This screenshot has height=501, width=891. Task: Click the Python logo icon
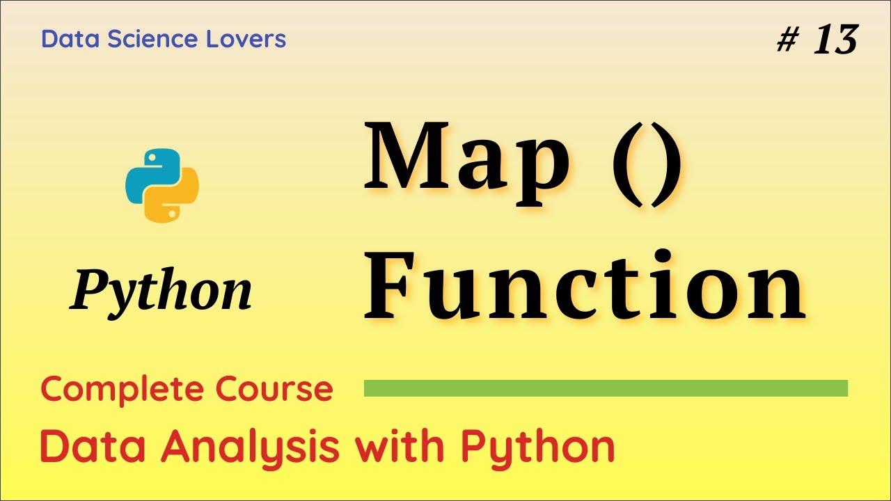tap(162, 185)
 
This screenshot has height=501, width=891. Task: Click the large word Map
tap(466, 161)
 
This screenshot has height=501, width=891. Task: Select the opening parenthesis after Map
tap(624, 164)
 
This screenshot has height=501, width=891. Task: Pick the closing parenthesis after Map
tap(667, 164)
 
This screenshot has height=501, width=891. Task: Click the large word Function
tap(585, 285)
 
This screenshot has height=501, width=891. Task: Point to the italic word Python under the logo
tap(161, 291)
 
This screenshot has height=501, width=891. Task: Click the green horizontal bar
tap(606, 388)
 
